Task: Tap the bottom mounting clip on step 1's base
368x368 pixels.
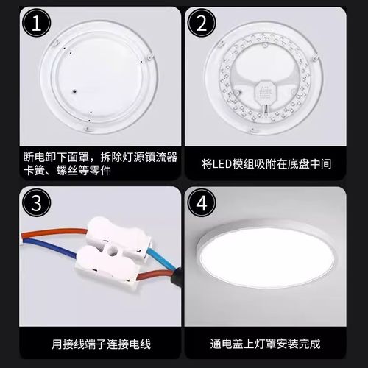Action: [90, 132]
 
